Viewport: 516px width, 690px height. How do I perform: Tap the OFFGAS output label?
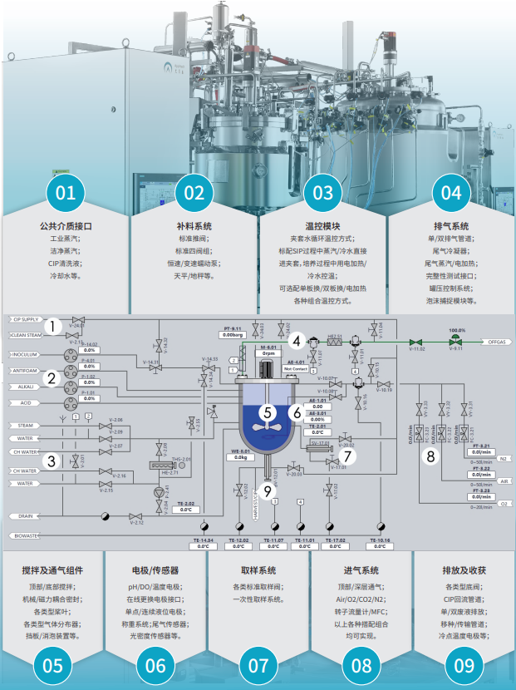(495, 342)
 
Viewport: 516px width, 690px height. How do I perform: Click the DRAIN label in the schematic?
(23, 515)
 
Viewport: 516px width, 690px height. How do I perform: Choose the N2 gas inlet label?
(502, 457)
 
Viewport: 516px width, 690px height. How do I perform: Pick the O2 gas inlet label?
(502, 503)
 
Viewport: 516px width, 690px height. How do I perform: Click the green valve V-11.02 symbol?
(420, 342)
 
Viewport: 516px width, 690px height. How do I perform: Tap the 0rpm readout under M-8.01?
(268, 353)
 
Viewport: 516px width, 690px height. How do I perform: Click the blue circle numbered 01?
(65, 194)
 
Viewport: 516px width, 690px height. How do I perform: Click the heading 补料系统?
(194, 226)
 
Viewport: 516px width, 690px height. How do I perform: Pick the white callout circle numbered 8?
(430, 456)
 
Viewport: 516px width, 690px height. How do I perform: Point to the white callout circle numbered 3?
(52, 460)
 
